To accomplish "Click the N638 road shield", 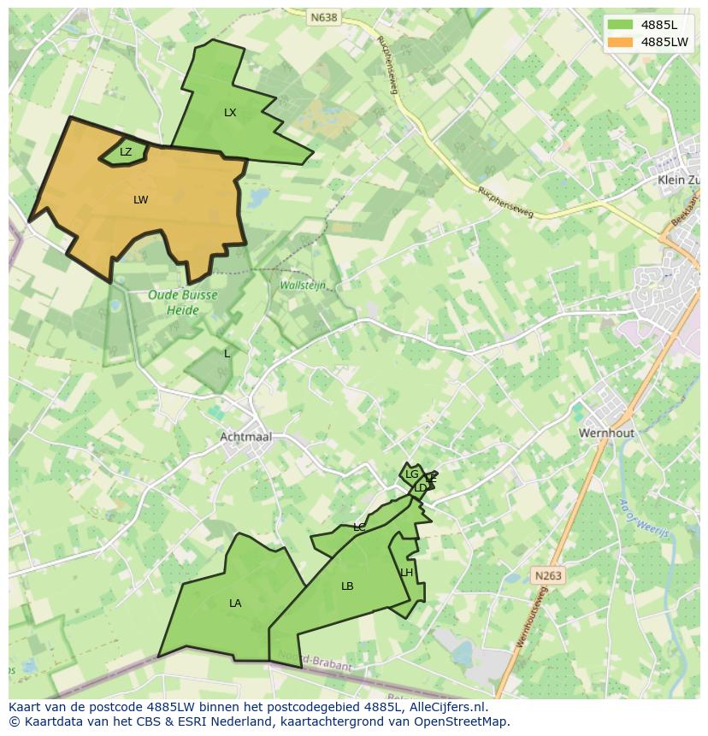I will point(323,16).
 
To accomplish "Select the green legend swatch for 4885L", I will point(620,25).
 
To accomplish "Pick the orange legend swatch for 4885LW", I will point(620,42).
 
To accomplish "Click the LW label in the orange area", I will point(141,200).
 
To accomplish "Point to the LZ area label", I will point(126,152).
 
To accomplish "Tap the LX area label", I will point(230,113).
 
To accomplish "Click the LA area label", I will point(235,604).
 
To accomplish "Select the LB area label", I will point(347,586).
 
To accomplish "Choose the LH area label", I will point(407,573).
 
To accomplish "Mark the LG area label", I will point(412,474).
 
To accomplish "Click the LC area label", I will point(359,527).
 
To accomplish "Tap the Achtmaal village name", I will point(245,437).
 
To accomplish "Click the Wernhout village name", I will point(606,433).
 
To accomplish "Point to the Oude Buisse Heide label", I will point(183,302).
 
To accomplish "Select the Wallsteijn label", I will point(303,286).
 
